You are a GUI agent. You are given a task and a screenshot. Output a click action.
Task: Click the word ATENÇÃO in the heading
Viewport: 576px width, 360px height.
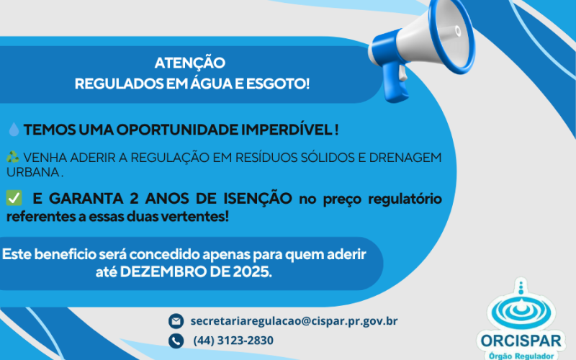coord(190,63)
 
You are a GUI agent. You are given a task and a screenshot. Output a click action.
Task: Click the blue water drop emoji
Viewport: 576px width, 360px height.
coord(14,130)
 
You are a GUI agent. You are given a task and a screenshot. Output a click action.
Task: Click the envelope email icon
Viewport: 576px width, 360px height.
coord(175,320)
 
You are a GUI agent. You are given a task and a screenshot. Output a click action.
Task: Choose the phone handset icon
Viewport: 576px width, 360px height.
coord(175,340)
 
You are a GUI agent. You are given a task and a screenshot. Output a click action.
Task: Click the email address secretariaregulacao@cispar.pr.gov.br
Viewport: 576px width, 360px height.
coord(294,320)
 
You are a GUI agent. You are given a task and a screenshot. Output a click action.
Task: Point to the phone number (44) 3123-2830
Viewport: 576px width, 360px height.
coord(233,340)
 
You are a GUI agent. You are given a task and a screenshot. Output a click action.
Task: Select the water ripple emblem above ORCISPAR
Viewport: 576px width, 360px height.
coord(522,306)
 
